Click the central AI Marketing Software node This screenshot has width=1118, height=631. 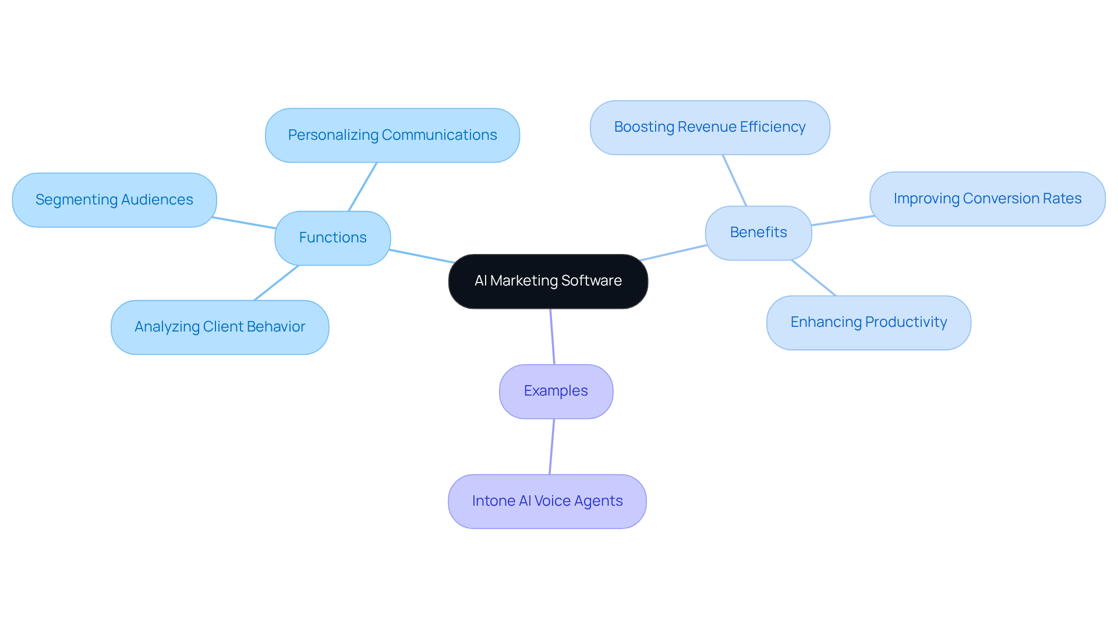click(x=548, y=281)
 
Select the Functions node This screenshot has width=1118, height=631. click(x=332, y=238)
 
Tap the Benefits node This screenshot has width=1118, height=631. click(x=758, y=232)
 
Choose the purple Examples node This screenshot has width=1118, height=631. click(x=556, y=391)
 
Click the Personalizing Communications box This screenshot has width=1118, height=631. click(x=392, y=135)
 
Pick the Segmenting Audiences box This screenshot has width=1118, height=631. click(x=114, y=200)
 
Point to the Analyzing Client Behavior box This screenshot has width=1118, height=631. click(x=220, y=327)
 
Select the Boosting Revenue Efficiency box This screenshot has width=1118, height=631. click(x=709, y=127)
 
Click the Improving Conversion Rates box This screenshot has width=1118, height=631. click(x=987, y=199)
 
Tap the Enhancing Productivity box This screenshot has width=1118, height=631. click(x=868, y=322)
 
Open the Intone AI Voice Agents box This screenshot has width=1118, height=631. click(x=547, y=501)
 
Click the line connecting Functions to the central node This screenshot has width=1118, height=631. click(x=421, y=256)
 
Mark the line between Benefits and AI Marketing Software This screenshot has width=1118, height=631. click(x=674, y=253)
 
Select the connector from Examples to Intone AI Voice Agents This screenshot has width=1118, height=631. click(x=551, y=446)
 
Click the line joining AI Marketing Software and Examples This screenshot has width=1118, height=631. click(x=552, y=336)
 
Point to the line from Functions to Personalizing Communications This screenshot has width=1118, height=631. click(x=363, y=186)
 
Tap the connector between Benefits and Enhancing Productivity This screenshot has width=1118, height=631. click(x=813, y=278)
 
